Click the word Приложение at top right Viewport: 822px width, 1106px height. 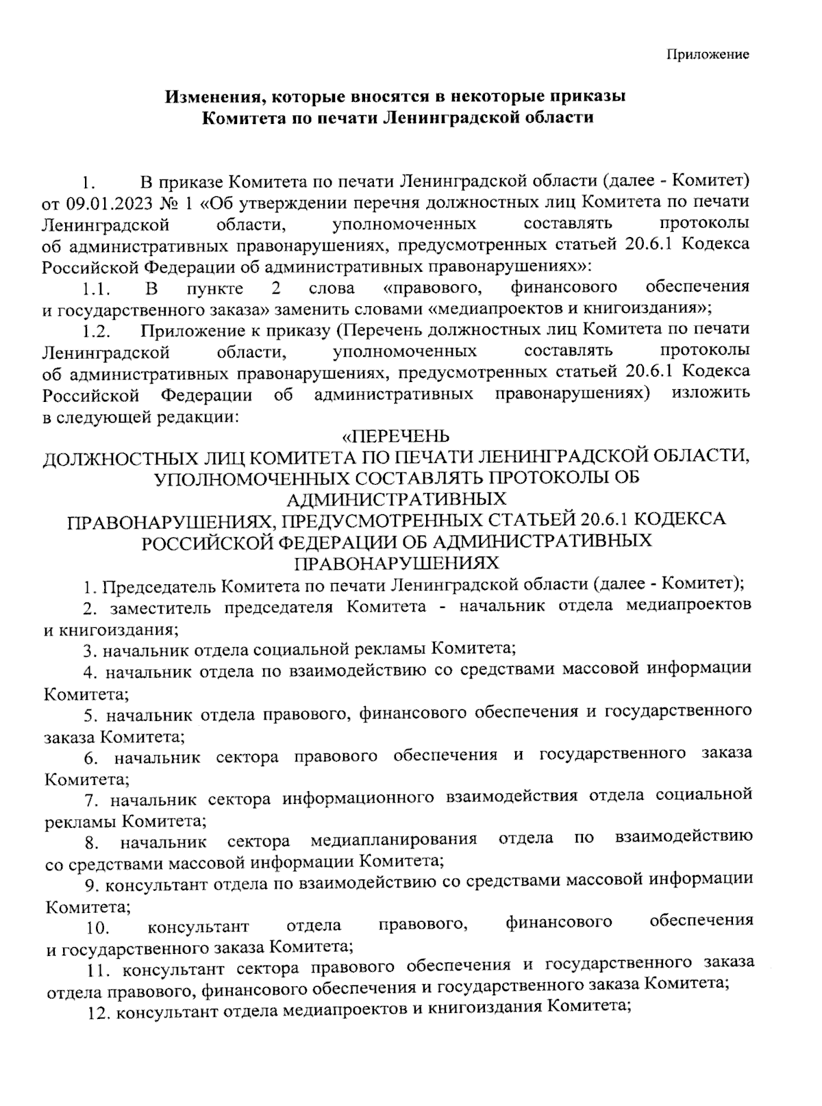point(708,55)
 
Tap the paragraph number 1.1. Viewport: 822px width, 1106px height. point(96,288)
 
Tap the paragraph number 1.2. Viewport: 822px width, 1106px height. point(96,332)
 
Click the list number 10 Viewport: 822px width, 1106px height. point(98,930)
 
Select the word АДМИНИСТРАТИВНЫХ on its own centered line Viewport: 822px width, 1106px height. point(397,498)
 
